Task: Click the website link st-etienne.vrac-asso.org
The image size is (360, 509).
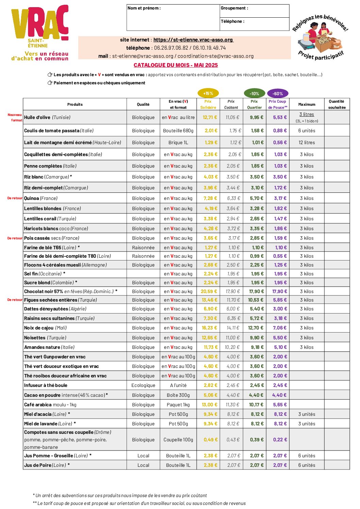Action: point(193,40)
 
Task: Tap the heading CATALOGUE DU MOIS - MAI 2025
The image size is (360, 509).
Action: point(176,65)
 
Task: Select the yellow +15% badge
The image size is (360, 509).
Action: point(208,93)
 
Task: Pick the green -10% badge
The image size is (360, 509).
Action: point(254,94)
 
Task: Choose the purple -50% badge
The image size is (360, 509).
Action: point(278,94)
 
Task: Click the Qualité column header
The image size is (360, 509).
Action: point(143,104)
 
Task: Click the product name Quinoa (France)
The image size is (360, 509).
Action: point(41,198)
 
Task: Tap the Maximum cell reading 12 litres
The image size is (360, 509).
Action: point(307,142)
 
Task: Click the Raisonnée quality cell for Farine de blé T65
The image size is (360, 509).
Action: point(143,248)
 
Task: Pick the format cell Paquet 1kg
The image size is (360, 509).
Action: point(178,405)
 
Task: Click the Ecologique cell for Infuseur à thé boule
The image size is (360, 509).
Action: point(143,385)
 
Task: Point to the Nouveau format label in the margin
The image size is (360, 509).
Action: point(15,117)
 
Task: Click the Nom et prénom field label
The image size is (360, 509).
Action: point(144,8)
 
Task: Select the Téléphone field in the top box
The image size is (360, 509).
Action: point(255,24)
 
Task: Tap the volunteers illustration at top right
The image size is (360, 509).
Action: point(320,37)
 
